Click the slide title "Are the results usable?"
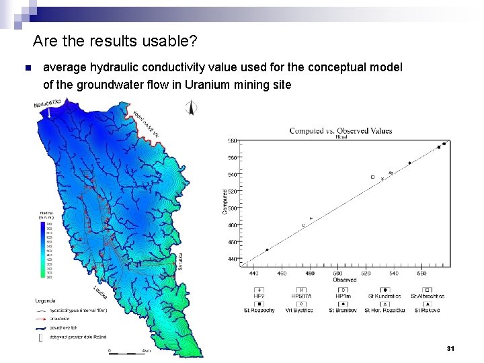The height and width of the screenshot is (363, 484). (114, 42)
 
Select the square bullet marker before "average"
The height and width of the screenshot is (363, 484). (27, 69)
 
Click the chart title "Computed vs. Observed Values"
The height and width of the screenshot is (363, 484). (341, 130)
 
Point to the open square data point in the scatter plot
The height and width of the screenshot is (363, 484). (372, 177)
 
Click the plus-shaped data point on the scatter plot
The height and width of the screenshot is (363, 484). (311, 218)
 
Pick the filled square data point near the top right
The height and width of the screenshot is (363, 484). (439, 147)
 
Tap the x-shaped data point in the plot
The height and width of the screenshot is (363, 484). (382, 179)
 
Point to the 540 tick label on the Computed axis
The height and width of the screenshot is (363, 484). (232, 175)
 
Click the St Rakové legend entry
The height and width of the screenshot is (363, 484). (428, 310)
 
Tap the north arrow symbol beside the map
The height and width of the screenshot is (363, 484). (191, 108)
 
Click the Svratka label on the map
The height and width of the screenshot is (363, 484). (182, 262)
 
